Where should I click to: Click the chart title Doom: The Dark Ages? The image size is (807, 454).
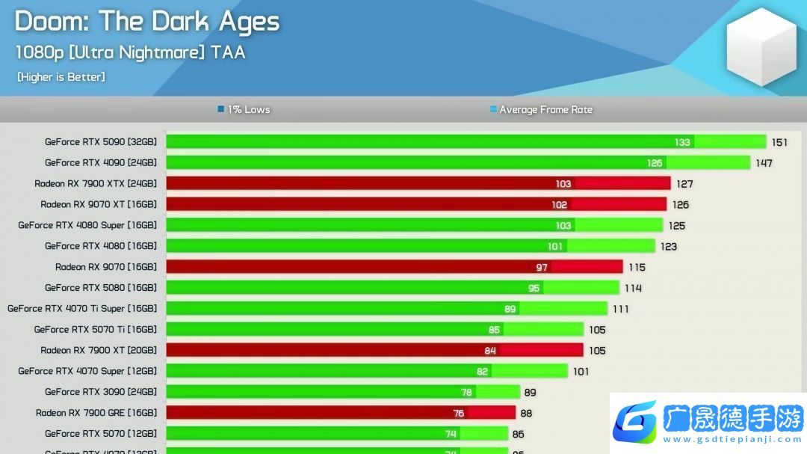tap(147, 22)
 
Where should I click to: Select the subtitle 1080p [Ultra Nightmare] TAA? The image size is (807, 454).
tap(130, 52)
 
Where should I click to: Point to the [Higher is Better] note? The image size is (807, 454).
tap(61, 77)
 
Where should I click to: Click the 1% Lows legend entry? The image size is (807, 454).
tap(244, 109)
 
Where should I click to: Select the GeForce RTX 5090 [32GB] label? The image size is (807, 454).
tap(101, 141)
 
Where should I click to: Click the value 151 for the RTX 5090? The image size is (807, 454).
tap(779, 142)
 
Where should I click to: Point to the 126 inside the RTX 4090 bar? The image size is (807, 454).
tap(655, 163)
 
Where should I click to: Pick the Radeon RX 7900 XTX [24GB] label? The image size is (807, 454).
tap(96, 183)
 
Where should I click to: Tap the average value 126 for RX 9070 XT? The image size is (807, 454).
tap(680, 205)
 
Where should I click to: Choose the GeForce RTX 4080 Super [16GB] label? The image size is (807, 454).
tap(87, 225)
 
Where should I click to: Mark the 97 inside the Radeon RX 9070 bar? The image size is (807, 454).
tap(542, 267)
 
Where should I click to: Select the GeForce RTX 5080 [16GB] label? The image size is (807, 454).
tap(101, 288)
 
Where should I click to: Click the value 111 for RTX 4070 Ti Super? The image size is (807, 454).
tap(619, 309)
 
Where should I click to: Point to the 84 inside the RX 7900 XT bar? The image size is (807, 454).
tap(490, 351)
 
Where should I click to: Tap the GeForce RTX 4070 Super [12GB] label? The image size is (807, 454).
tap(87, 371)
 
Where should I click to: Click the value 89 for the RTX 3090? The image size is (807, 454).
tap(530, 393)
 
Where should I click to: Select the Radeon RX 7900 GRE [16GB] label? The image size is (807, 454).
tap(96, 413)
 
